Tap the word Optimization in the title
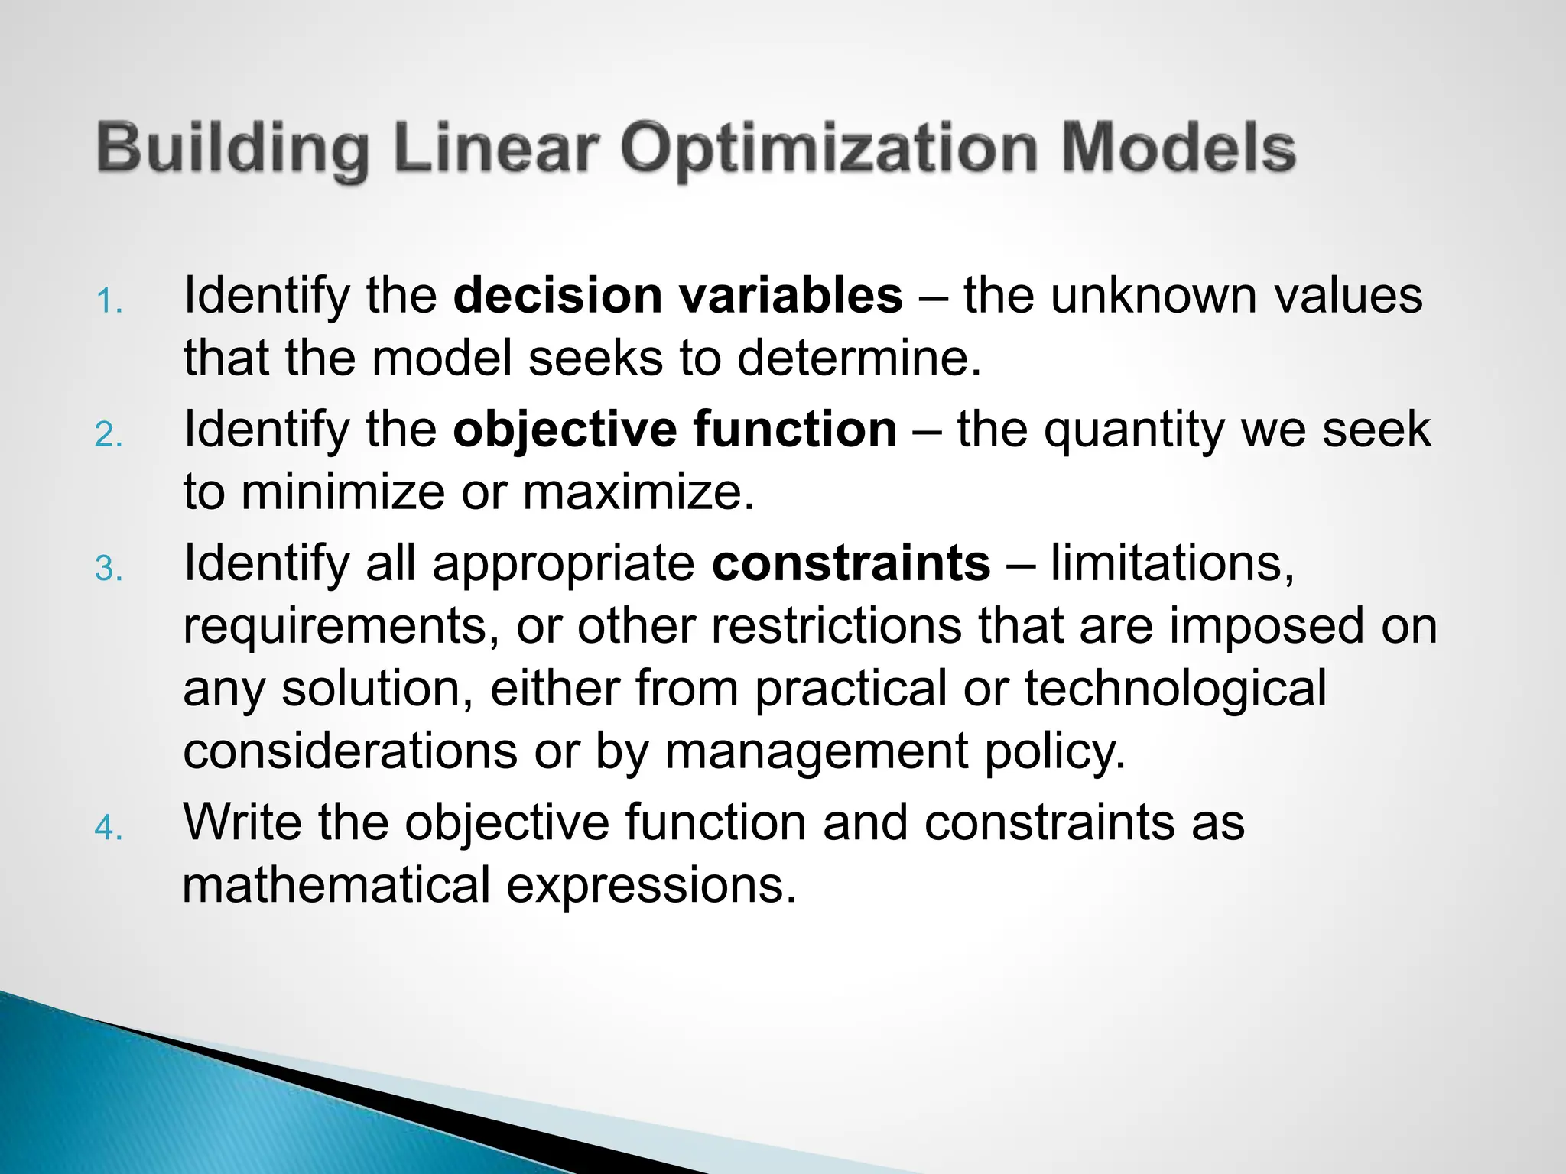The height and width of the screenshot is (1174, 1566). click(829, 149)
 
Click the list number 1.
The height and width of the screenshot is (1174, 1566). click(109, 302)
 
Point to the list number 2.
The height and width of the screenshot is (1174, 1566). click(109, 435)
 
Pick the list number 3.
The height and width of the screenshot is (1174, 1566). click(109, 569)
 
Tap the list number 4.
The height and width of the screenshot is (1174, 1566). click(109, 829)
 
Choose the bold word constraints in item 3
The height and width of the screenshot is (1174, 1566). click(850, 563)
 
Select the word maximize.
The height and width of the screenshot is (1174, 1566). click(638, 492)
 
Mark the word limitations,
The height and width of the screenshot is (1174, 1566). click(1172, 564)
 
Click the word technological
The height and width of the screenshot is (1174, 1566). click(1175, 689)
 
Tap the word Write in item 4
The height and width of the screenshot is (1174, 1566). click(242, 822)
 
